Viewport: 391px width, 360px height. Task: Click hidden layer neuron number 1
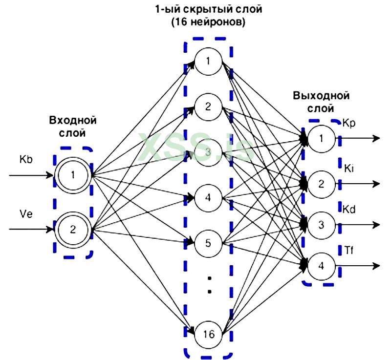coord(209,61)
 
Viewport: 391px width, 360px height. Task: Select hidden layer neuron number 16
coord(209,335)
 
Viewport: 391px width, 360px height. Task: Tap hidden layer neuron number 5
coord(209,243)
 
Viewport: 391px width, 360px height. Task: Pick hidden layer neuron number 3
coord(209,152)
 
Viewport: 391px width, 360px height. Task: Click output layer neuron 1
coord(321,139)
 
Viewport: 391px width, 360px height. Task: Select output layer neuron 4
coord(321,266)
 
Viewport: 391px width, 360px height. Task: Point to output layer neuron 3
coord(321,225)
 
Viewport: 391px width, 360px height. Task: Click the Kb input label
coord(26,159)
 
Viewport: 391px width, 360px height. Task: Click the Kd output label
coord(349,209)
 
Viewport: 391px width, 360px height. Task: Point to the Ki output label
coord(348,168)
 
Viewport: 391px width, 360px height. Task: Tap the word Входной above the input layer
coord(73,120)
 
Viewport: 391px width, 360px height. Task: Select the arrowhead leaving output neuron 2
coord(376,184)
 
